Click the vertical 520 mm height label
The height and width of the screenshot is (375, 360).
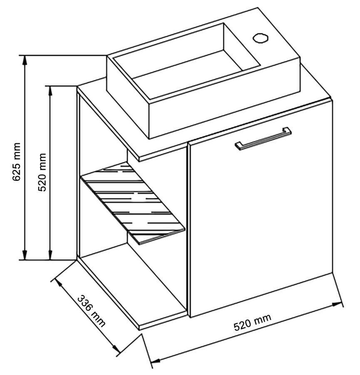(x=42, y=172)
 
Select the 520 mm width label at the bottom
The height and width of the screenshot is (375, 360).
(x=252, y=322)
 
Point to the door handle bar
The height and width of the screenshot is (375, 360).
(x=263, y=137)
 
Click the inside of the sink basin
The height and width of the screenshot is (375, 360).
(x=187, y=67)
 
